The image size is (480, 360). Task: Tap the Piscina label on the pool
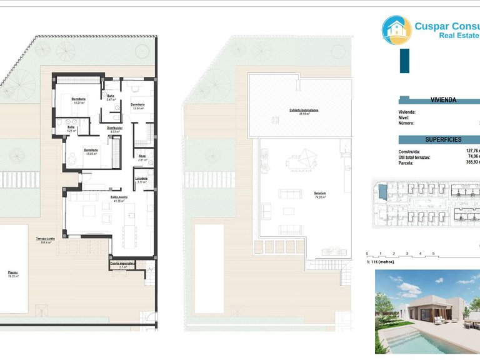click(x=13, y=274)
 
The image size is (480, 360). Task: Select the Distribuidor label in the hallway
click(x=114, y=128)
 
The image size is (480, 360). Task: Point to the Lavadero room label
click(x=141, y=179)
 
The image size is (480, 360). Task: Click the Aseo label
click(x=142, y=156)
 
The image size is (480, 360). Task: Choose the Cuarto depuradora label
click(x=122, y=264)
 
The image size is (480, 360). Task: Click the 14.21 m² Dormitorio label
click(x=79, y=100)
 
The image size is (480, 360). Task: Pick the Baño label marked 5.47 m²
click(x=111, y=96)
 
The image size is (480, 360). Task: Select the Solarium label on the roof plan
click(x=320, y=194)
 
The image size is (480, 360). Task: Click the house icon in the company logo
click(x=396, y=30)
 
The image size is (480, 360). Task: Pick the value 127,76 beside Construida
click(x=472, y=151)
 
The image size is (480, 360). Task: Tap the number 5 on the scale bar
click(x=433, y=254)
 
